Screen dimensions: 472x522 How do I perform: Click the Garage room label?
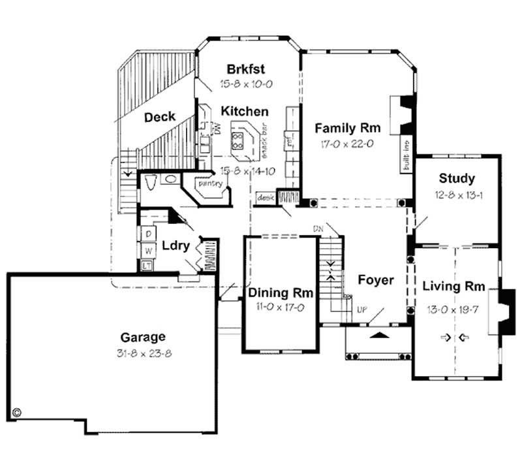click(x=142, y=337)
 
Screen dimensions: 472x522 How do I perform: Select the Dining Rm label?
click(x=281, y=293)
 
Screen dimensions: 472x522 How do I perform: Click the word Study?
click(x=457, y=178)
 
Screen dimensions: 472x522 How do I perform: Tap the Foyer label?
click(x=376, y=280)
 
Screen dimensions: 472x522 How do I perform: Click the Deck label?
click(x=159, y=117)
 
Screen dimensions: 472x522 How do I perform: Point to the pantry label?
click(x=211, y=184)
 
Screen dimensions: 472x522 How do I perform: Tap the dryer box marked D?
click(x=148, y=233)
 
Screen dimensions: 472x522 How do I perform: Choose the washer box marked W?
click(x=148, y=249)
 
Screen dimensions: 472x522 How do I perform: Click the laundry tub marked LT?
click(x=147, y=265)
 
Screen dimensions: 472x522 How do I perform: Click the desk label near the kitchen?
click(x=265, y=196)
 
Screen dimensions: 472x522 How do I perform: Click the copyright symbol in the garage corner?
click(x=17, y=413)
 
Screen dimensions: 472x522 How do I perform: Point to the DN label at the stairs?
click(x=318, y=228)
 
